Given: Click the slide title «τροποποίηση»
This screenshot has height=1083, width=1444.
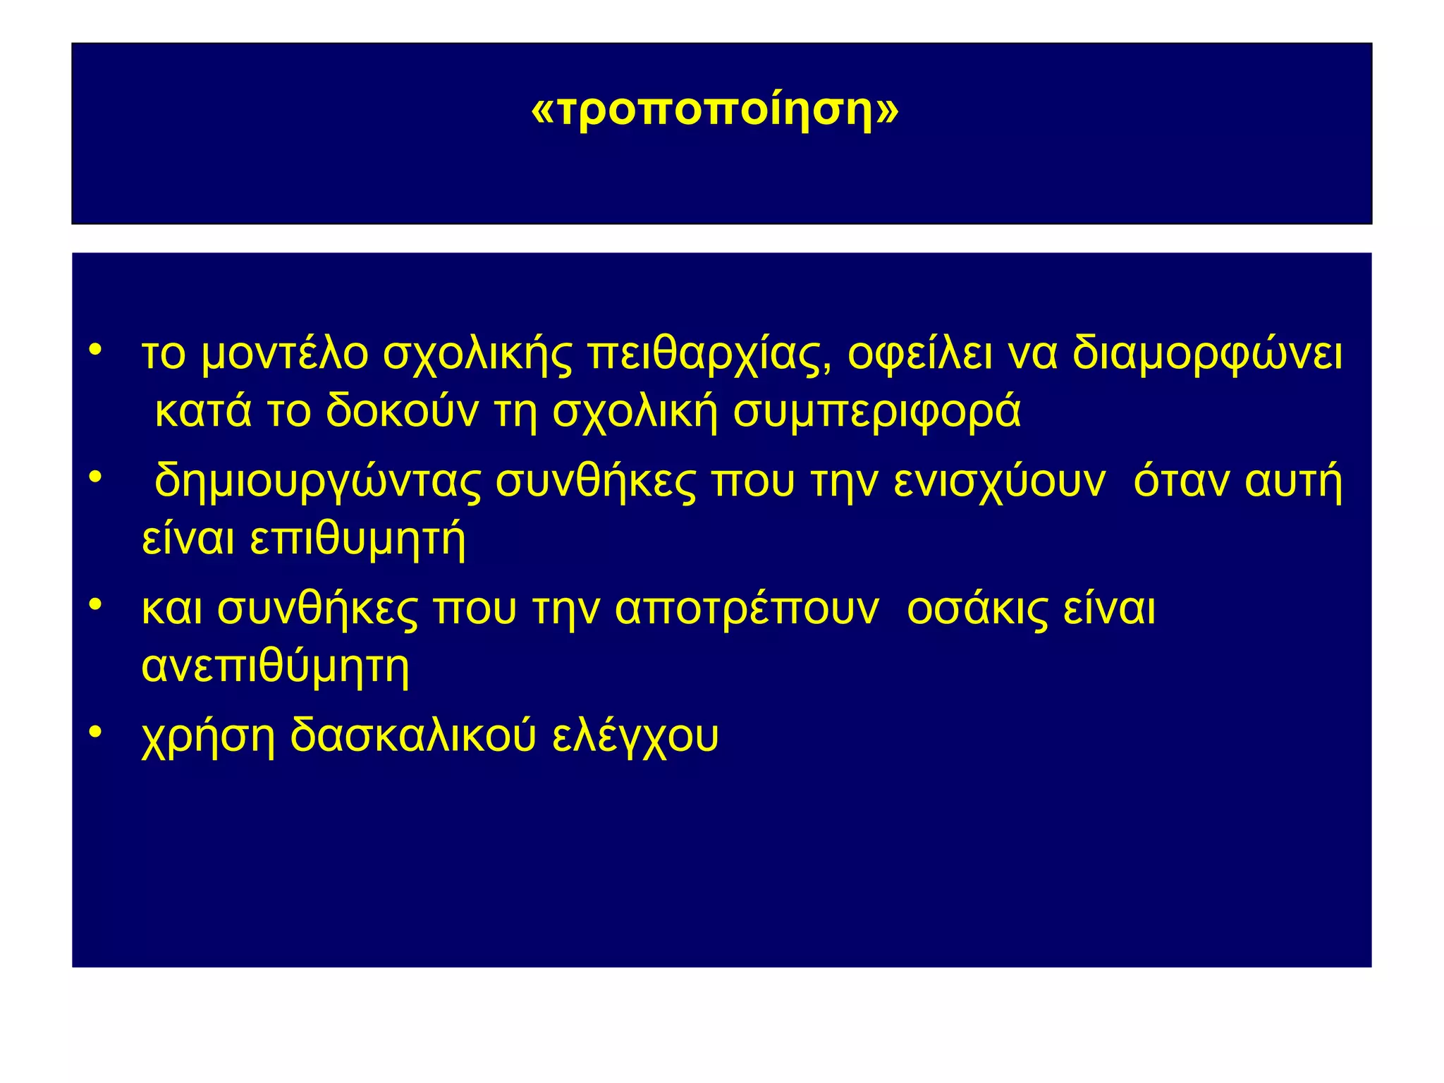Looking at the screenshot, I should pyautogui.click(x=714, y=110).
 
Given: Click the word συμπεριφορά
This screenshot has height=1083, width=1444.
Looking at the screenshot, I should pyautogui.click(x=876, y=412).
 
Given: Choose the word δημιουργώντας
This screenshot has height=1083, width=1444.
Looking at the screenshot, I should pyautogui.click(x=317, y=482).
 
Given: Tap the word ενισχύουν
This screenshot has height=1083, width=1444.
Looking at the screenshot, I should pyautogui.click(x=999, y=482).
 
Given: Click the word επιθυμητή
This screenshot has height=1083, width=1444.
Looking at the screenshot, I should pyautogui.click(x=358, y=540).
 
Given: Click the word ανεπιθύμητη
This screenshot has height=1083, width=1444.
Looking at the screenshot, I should pyautogui.click(x=275, y=666).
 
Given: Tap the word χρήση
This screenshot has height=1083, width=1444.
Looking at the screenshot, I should pyautogui.click(x=208, y=737).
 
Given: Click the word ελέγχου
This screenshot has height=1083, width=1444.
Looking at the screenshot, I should pyautogui.click(x=635, y=737).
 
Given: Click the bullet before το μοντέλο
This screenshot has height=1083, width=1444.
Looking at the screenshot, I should pyautogui.click(x=96, y=349).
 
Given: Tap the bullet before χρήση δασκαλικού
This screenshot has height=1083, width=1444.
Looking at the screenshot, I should pyautogui.click(x=96, y=731).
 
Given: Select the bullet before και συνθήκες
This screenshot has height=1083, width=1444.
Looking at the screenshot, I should pyautogui.click(x=96, y=604).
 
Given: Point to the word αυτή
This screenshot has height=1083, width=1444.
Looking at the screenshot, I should pyautogui.click(x=1293, y=482).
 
